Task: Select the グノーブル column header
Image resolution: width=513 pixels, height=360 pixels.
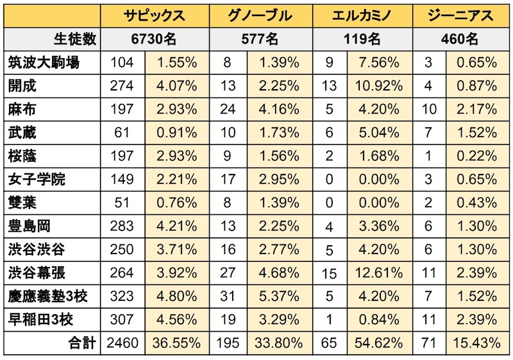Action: click(260, 15)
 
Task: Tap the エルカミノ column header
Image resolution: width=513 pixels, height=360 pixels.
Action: click(363, 15)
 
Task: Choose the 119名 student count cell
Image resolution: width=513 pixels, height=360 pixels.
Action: click(363, 39)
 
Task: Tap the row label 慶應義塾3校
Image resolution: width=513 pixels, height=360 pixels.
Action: click(48, 296)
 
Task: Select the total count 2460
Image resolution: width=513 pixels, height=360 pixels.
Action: click(121, 343)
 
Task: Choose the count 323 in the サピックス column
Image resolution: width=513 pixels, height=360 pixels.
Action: click(122, 296)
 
